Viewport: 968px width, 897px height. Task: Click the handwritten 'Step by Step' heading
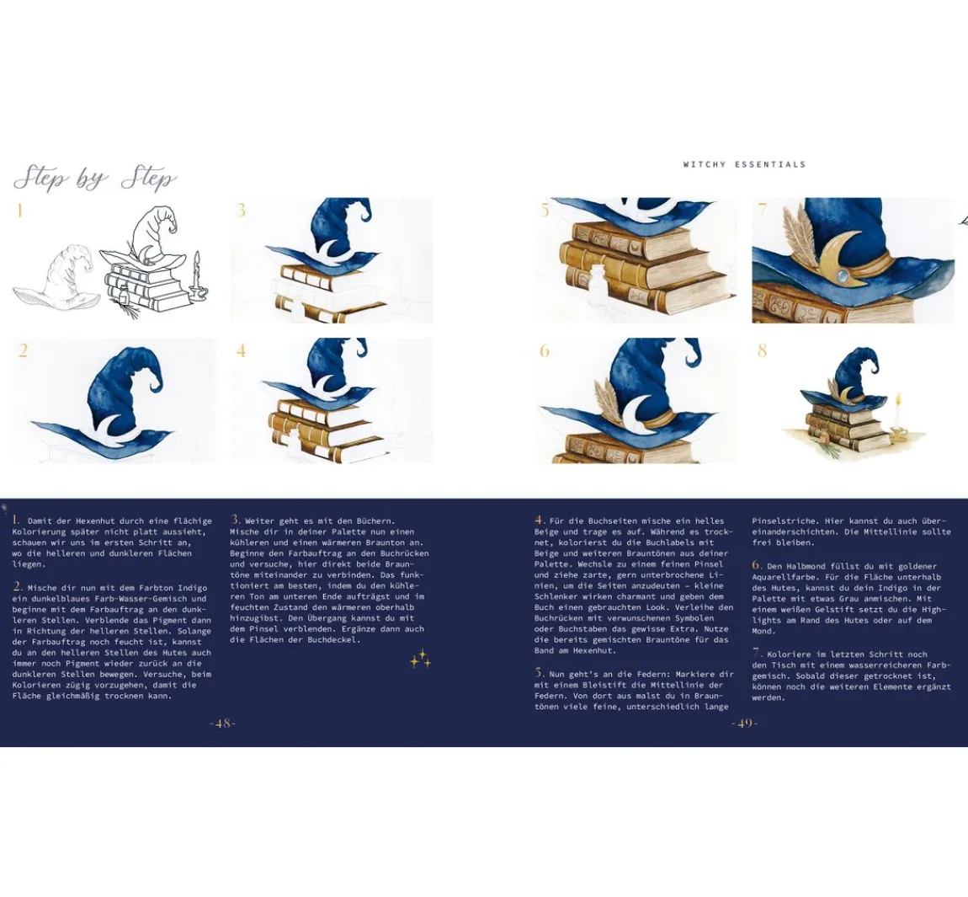[x=94, y=179]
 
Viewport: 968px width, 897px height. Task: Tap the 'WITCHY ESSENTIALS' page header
[x=745, y=164]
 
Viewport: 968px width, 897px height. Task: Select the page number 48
[x=223, y=723]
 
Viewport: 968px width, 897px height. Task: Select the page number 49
[x=744, y=723]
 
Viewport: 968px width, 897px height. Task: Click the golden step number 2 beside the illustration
[x=23, y=351]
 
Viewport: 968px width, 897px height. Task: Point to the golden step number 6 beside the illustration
[x=545, y=351]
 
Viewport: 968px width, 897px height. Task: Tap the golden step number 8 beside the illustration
[x=762, y=351]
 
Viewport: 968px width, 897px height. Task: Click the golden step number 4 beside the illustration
[x=241, y=351]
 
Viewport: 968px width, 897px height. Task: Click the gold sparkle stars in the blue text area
[x=420, y=659]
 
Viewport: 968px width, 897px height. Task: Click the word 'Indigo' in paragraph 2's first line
[x=191, y=588]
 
